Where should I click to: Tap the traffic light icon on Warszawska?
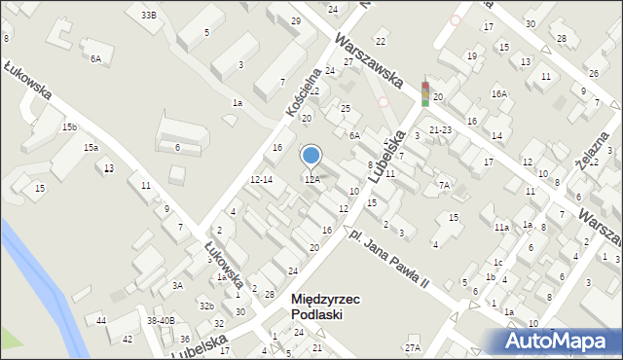[x=424, y=93]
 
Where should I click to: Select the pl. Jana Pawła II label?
[x=389, y=260]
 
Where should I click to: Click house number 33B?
[x=148, y=16]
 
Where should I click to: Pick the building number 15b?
[x=69, y=127]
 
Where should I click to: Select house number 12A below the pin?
[x=311, y=179]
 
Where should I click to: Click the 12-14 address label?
[x=261, y=180]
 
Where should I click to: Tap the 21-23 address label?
[x=440, y=129]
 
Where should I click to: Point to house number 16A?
[x=499, y=94]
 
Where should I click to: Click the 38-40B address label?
[x=161, y=320]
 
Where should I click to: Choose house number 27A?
[x=413, y=347]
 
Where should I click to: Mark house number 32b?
[x=206, y=306]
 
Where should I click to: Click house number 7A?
[x=444, y=185]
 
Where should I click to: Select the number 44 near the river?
[x=101, y=320]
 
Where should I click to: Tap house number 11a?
[x=501, y=227]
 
